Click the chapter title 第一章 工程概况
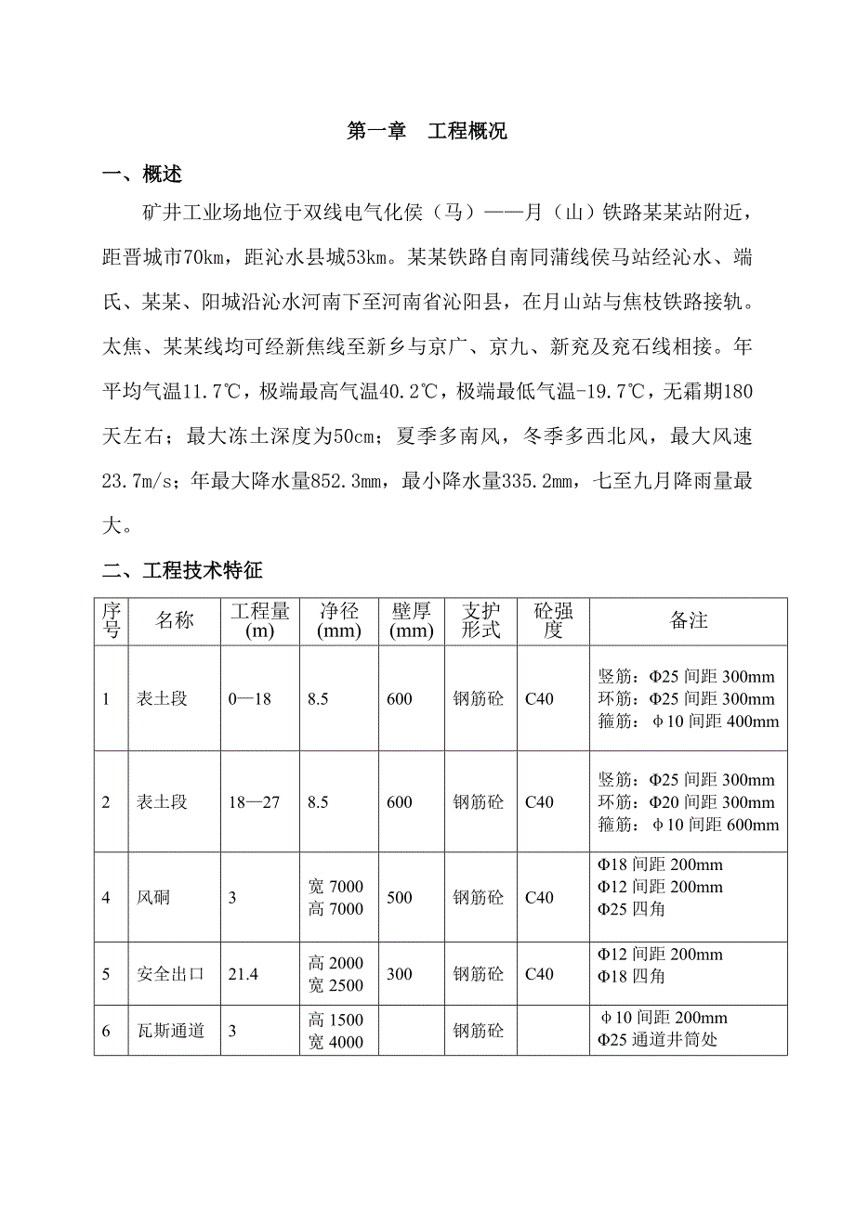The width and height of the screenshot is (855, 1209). tap(427, 131)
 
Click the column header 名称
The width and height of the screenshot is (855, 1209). tap(175, 620)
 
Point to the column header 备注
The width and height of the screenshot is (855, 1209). tap(689, 620)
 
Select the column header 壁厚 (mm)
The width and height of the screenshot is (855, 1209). tap(412, 620)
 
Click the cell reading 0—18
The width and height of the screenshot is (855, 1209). tap(249, 698)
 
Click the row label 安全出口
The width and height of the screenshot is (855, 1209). tap(171, 974)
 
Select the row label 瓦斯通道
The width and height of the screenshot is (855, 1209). tap(171, 1031)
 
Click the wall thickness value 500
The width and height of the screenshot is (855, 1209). tap(399, 898)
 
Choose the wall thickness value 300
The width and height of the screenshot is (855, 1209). tap(399, 974)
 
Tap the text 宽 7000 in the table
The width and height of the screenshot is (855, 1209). tap(335, 887)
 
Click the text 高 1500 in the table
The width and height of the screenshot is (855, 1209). tap(335, 1020)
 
